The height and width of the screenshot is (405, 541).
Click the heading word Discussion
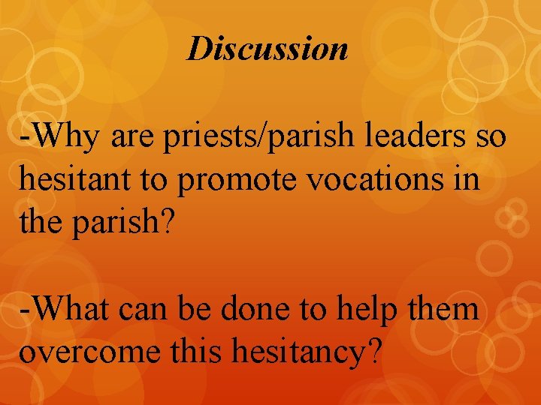267,49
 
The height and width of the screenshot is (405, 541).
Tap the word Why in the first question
62,140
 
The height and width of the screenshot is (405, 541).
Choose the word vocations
365,182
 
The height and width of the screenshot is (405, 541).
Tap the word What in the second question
69,308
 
